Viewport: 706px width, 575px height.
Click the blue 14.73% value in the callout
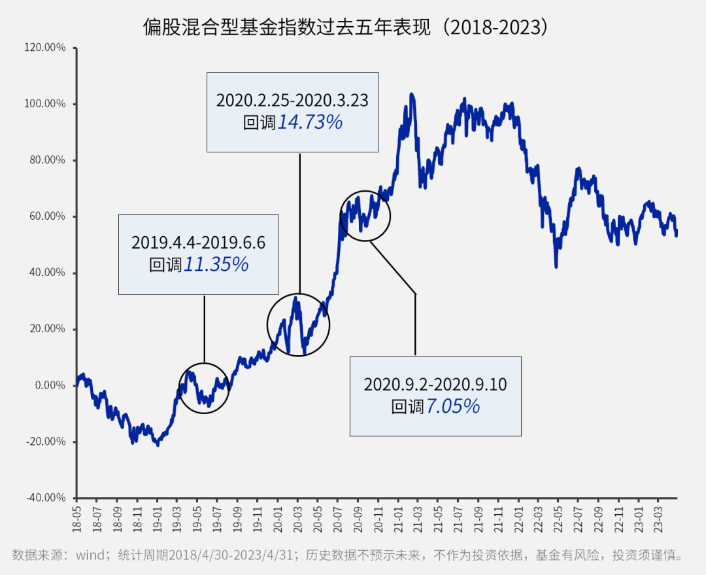coord(310,122)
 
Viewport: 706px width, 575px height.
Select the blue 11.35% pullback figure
coord(216,264)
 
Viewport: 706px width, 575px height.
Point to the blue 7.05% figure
coord(453,406)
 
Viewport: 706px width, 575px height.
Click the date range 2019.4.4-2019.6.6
coord(198,243)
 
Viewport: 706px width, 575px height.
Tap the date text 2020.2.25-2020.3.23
coord(292,101)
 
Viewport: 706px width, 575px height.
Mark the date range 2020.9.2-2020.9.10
coord(435,385)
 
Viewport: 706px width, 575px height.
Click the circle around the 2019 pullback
coord(204,387)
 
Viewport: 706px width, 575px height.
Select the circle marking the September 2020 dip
coord(365,215)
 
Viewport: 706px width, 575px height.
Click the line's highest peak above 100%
coord(411,95)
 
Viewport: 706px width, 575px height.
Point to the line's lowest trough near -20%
coord(158,445)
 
